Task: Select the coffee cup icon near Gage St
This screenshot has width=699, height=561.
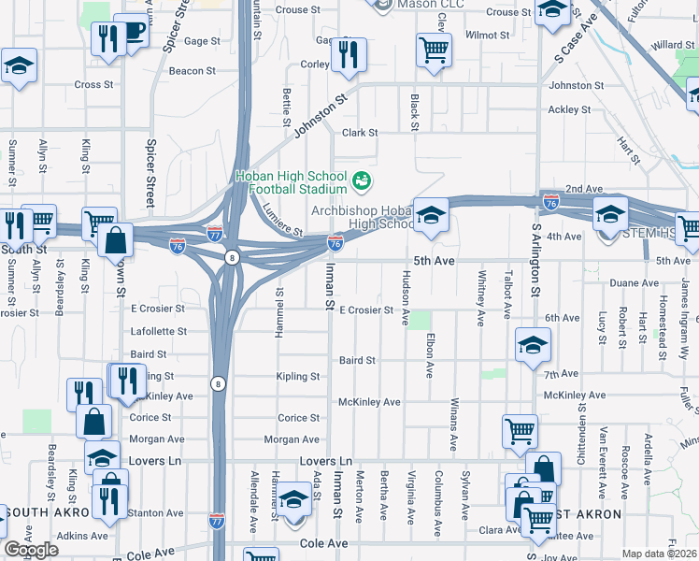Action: point(132,31)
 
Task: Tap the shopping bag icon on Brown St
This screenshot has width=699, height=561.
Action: point(114,239)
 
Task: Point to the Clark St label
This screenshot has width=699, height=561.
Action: point(359,133)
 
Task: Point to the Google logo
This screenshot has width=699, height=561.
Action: point(31,550)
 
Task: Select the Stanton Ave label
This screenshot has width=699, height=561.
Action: point(156,513)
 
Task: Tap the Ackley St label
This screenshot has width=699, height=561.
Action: point(563,109)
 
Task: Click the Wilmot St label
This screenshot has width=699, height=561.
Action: point(487,35)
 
